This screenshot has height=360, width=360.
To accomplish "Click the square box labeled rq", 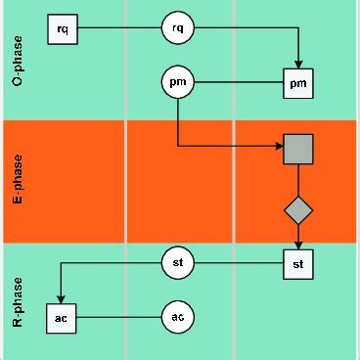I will click(63, 30).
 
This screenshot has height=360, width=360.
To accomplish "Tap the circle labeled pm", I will click(177, 84).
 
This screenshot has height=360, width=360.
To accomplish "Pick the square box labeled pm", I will click(298, 84).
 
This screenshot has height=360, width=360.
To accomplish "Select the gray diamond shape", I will click(297, 208).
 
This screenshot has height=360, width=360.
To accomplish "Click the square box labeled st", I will click(297, 263).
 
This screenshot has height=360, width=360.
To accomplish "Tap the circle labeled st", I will click(177, 263).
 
